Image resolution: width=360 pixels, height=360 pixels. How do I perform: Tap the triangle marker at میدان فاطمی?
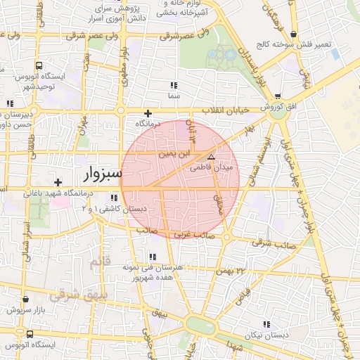pos(211,157)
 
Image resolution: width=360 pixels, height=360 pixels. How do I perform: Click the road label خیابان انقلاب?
pos(226,110)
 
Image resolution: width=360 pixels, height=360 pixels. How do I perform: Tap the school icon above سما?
pos(173,85)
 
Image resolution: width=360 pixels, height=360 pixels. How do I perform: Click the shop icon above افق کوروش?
pos(278,96)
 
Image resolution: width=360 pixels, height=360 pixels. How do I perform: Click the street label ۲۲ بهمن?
pos(233,271)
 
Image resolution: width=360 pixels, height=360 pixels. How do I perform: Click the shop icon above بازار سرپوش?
pos(26,300)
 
